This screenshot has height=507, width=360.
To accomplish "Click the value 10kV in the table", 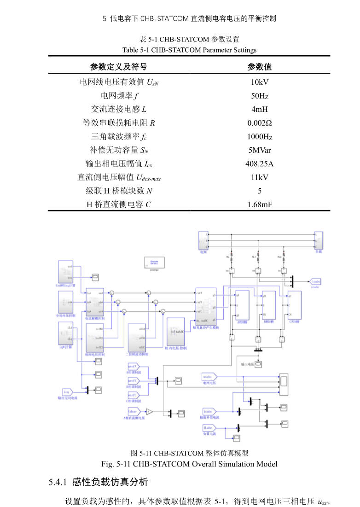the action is pyautogui.click(x=259, y=82).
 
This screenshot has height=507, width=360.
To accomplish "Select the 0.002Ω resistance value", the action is pyautogui.click(x=259, y=123).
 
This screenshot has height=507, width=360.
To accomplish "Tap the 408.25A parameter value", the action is pyautogui.click(x=259, y=163).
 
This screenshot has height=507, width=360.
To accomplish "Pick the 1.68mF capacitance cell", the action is pyautogui.click(x=259, y=204).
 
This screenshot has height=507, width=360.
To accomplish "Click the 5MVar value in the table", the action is pyautogui.click(x=259, y=150).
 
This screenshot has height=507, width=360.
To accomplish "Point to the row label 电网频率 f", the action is pyautogui.click(x=120, y=96).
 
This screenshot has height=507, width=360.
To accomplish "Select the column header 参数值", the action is pyautogui.click(x=259, y=67).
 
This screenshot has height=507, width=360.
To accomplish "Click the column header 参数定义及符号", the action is pyautogui.click(x=120, y=67).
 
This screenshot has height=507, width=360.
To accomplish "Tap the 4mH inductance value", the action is pyautogui.click(x=259, y=110).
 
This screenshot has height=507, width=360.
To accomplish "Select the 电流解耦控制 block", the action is pyautogui.click(x=95, y=302).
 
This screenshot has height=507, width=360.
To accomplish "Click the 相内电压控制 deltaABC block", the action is pyautogui.click(x=175, y=332).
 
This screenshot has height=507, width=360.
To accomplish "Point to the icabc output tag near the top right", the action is pyautogui.click(x=315, y=281).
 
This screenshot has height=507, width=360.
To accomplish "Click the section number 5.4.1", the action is pyautogui.click(x=58, y=482).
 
